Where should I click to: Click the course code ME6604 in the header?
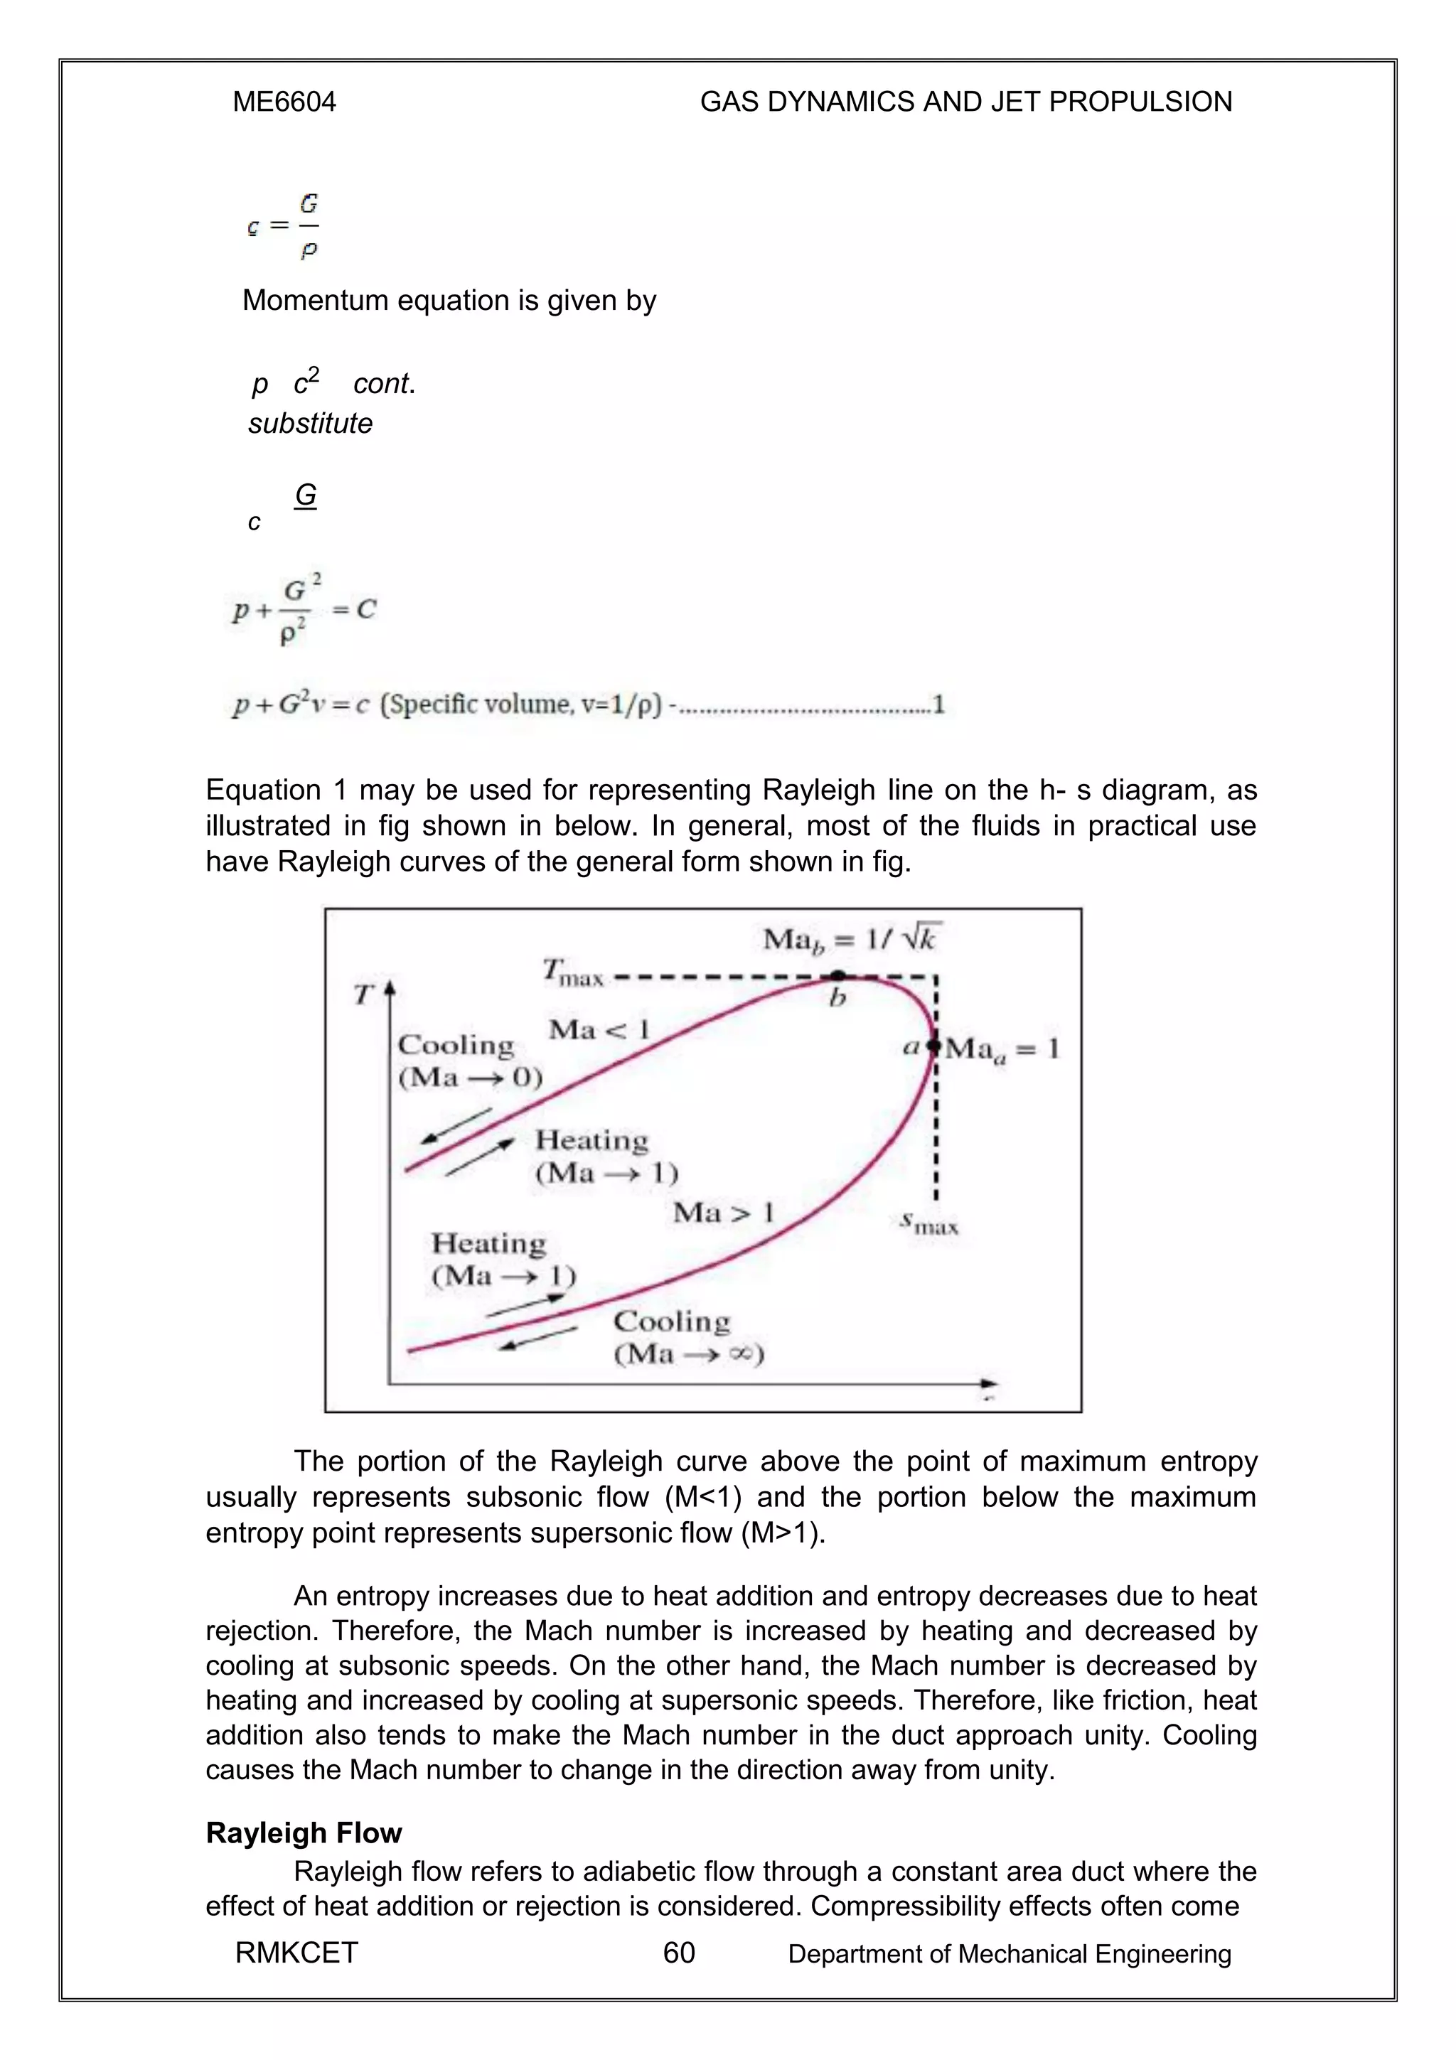pos(284,102)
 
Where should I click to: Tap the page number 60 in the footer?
pos(678,1953)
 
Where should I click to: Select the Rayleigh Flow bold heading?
pos(304,1833)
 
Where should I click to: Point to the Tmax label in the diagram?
pos(573,972)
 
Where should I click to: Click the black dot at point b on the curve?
pos(836,975)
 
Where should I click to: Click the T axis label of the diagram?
pos(363,994)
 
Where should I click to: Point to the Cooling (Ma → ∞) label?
pos(687,1337)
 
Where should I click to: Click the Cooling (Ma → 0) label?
pos(469,1061)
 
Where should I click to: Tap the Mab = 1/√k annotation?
pos(850,940)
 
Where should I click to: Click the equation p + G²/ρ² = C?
pos(304,610)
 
